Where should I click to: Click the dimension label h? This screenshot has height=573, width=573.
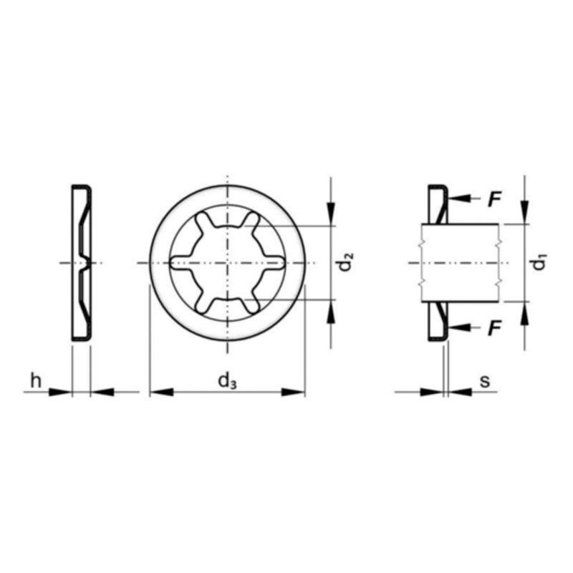33,380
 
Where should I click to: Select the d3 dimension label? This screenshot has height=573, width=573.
227,381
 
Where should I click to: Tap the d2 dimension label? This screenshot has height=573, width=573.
346,262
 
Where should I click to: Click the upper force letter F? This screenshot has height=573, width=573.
493,200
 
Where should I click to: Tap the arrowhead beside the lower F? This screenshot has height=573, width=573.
459,327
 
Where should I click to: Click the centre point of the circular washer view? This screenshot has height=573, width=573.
227,264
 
